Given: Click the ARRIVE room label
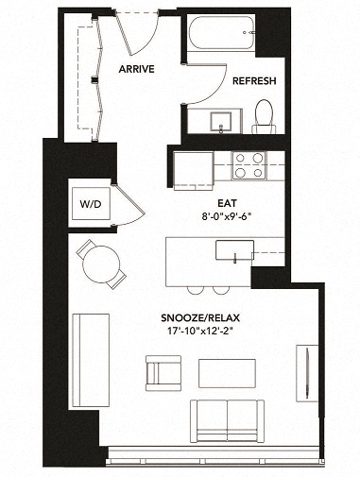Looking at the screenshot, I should pyautogui.click(x=137, y=70).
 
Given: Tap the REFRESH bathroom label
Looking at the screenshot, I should pyautogui.click(x=253, y=81).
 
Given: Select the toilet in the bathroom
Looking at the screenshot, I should pyautogui.click(x=265, y=117).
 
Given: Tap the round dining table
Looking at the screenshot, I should pyautogui.click(x=99, y=264).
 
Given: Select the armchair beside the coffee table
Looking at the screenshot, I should pyautogui.click(x=163, y=370).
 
